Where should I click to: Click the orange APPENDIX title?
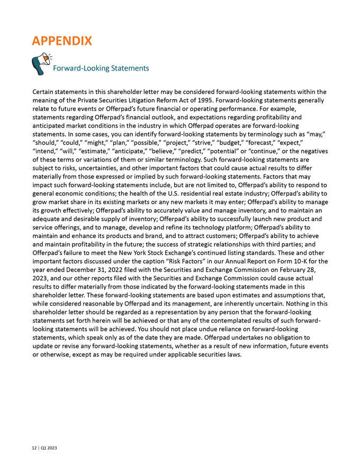click(62, 40)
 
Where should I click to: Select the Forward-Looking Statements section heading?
click(100, 68)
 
